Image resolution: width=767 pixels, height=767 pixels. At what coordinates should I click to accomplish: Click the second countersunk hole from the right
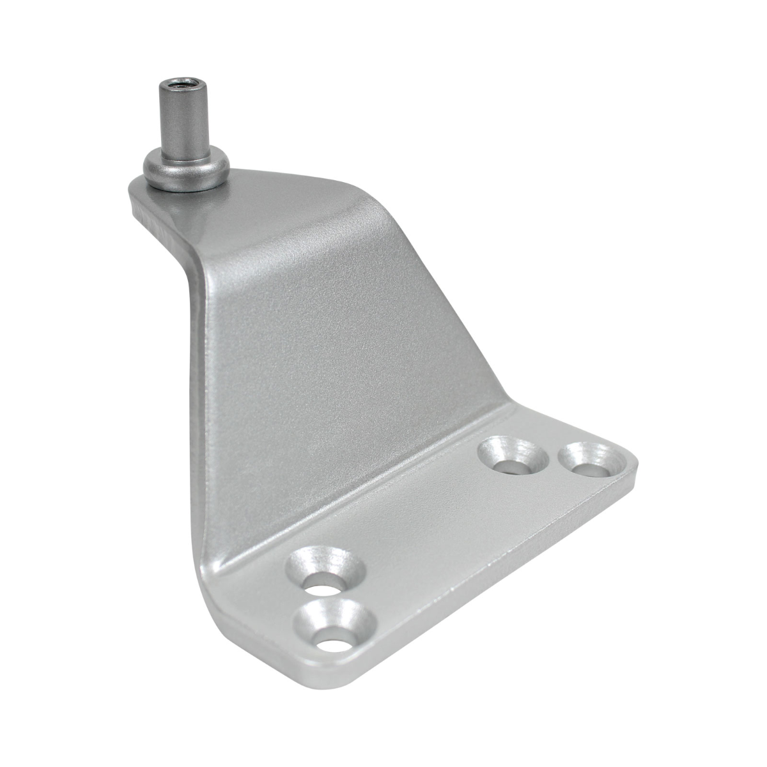[x=515, y=455]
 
